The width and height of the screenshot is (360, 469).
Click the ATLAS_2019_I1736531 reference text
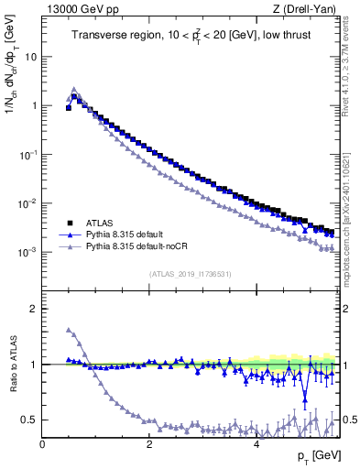coord(190,274)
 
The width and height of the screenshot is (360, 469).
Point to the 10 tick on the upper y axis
coord(31,57)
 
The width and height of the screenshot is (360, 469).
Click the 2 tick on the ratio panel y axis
coord(34,309)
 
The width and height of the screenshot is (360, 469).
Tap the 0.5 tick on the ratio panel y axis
coord(30,420)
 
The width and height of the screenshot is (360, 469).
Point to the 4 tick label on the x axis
coord(256,443)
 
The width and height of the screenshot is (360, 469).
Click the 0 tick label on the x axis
coord(43,443)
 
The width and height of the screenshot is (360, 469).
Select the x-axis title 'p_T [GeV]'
coord(317,456)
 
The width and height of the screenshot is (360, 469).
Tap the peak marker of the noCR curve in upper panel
coord(74,90)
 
